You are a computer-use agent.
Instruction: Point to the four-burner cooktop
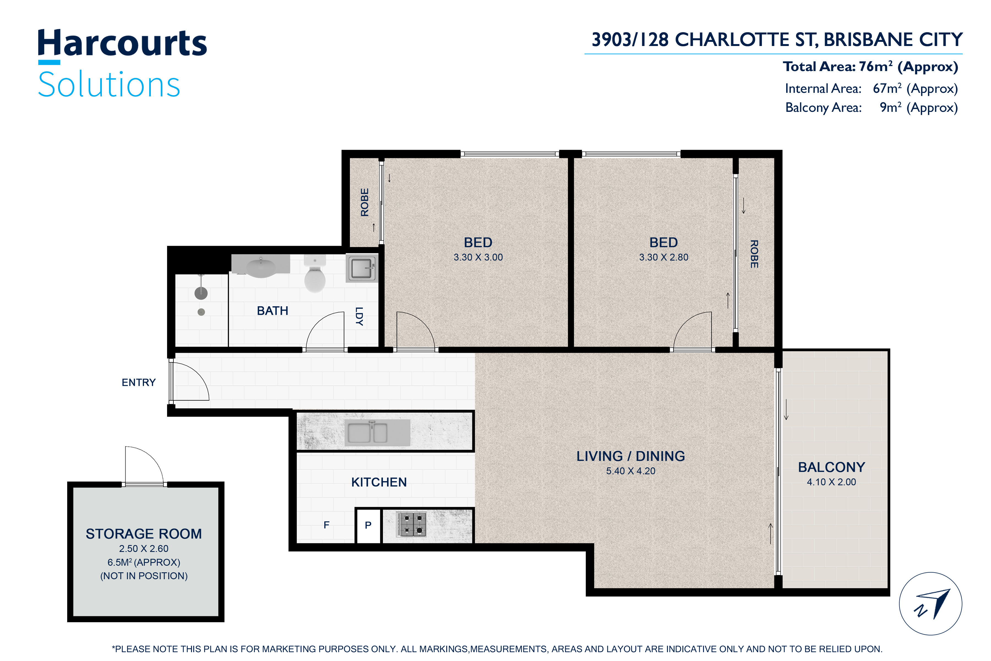coord(411,524)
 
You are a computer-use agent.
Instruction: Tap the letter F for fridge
coord(326,525)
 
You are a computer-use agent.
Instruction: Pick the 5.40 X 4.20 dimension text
coord(631,471)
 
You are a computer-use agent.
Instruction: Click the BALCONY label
coord(831,467)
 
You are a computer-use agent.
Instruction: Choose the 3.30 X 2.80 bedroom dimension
coord(664,257)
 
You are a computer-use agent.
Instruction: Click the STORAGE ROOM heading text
coord(144,534)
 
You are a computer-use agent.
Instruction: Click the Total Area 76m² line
coord(870,67)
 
